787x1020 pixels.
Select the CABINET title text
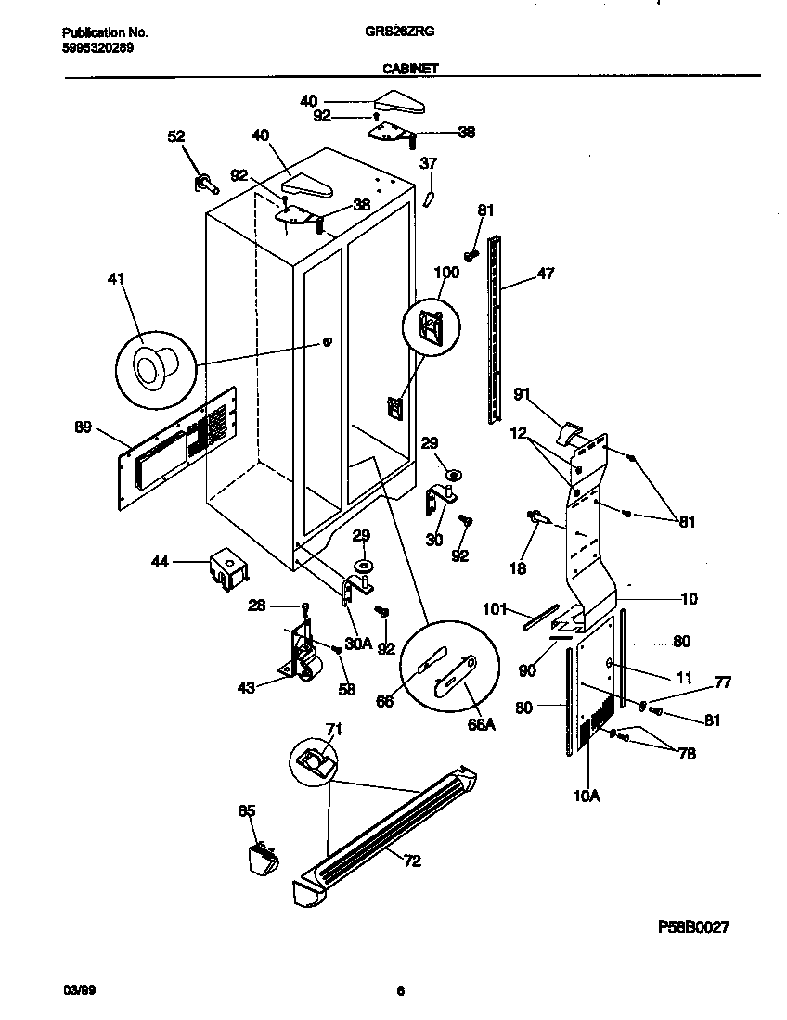click(409, 68)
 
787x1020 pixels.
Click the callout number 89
click(83, 427)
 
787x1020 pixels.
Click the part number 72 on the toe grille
click(412, 861)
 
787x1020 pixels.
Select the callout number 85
click(246, 811)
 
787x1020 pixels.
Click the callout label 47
click(546, 274)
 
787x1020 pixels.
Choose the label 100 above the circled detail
click(446, 273)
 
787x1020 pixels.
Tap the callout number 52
click(176, 136)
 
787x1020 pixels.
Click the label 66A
click(481, 724)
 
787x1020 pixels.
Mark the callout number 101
click(497, 609)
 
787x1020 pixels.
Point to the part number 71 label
click(333, 730)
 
